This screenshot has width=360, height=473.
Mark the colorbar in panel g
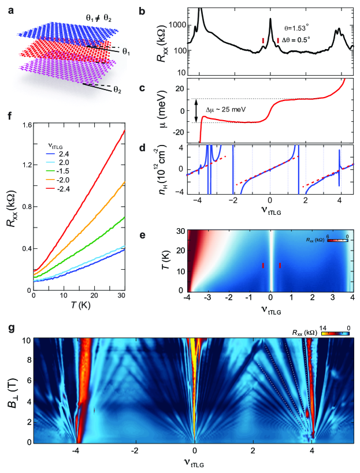coord(335,334)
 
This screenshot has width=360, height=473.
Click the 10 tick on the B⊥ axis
coord(25,340)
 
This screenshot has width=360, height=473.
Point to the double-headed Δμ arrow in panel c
coord(197,110)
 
